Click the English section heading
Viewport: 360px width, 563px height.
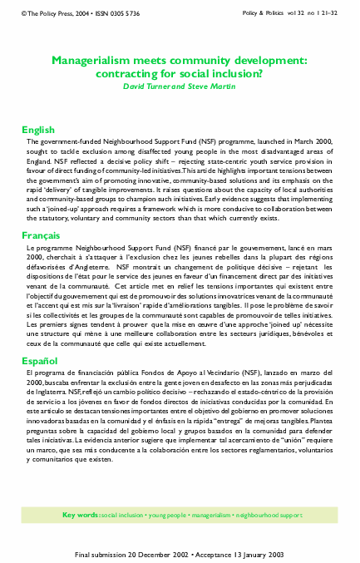click(x=38, y=131)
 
